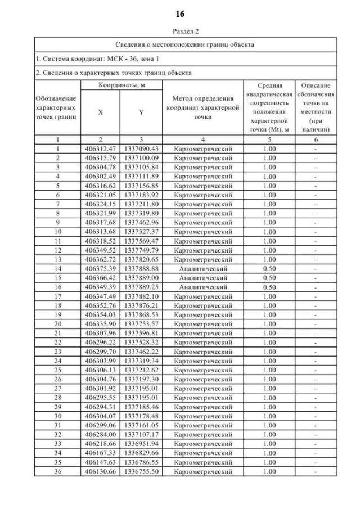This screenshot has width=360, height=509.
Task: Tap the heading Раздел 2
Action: pyautogui.click(x=180, y=31)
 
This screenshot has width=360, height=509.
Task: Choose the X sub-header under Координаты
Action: pyautogui.click(x=101, y=112)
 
